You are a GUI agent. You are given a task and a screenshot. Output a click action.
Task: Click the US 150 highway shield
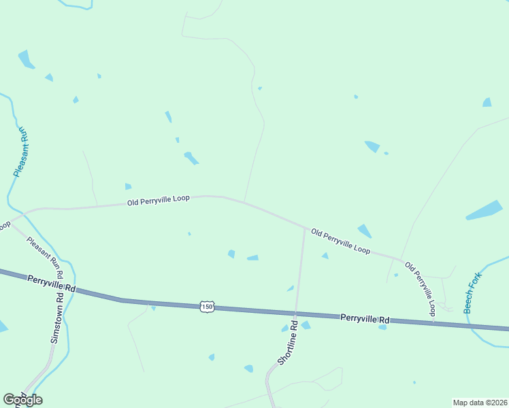click(x=208, y=307)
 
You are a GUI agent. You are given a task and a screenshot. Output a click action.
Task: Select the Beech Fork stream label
click(x=472, y=293)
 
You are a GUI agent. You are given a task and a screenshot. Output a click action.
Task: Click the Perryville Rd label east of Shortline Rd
click(x=365, y=318)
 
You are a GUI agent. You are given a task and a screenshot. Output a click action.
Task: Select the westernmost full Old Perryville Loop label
click(x=159, y=201)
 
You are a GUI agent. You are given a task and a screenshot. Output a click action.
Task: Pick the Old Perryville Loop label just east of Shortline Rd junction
click(x=340, y=241)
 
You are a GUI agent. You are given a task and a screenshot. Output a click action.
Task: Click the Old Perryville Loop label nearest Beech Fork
click(x=420, y=288)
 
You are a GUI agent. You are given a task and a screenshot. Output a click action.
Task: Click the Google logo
click(x=22, y=400)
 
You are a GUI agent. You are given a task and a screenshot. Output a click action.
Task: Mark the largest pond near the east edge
click(x=484, y=210)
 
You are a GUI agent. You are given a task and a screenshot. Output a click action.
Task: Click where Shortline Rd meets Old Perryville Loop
click(x=304, y=228)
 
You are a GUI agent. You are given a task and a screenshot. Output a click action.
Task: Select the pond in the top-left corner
click(x=27, y=60)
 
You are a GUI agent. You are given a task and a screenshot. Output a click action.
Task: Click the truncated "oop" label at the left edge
click(x=5, y=224)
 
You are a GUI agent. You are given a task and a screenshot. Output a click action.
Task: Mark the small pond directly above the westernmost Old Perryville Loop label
click(x=128, y=186)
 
